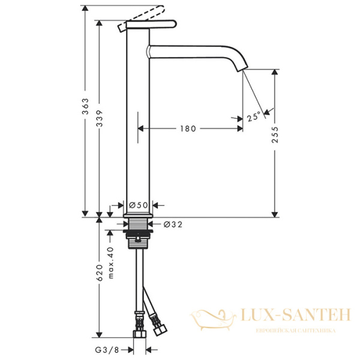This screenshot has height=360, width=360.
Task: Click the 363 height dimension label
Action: (x=85, y=106)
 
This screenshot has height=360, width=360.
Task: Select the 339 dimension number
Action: (x=100, y=118)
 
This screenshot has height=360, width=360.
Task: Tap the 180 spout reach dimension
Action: (x=188, y=128)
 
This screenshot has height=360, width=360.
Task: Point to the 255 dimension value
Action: (x=275, y=135)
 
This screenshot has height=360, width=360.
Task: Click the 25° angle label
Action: (x=254, y=116)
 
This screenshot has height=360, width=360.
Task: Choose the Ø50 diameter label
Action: (x=138, y=205)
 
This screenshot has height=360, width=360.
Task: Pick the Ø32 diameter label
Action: (x=173, y=224)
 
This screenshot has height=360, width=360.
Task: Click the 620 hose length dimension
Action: (x=100, y=273)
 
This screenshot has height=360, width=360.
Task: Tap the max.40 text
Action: (x=110, y=263)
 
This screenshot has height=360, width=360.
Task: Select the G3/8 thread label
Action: (x=107, y=350)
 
